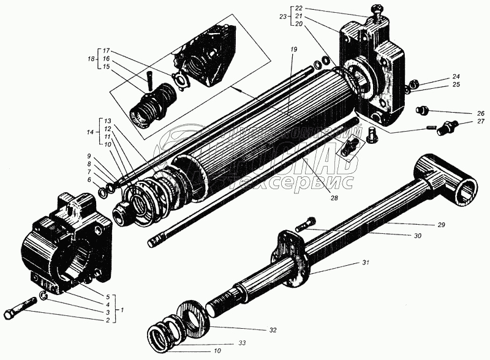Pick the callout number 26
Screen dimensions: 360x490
click(x=473, y=114)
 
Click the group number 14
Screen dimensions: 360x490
click(x=90, y=132)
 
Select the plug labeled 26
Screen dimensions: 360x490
click(x=421, y=110)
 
